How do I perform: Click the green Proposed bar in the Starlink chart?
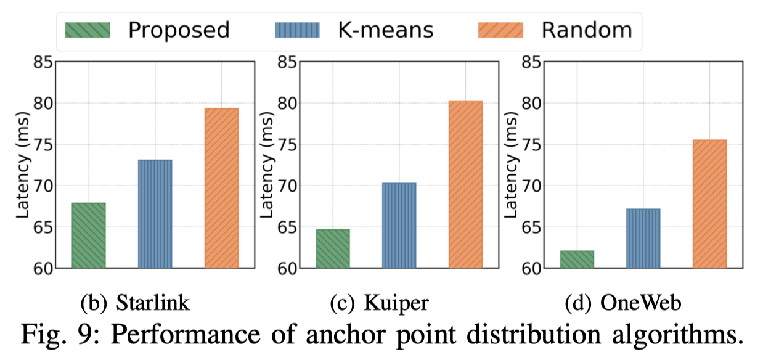click(x=89, y=235)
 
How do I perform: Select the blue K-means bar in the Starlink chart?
click(x=155, y=214)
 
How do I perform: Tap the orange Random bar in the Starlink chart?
click(x=221, y=188)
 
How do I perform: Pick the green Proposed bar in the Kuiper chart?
click(x=333, y=248)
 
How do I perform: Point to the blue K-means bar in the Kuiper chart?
click(x=399, y=226)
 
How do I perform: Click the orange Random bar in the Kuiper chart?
click(x=465, y=184)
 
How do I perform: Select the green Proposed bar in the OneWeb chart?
click(x=577, y=260)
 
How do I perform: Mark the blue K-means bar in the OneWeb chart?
click(x=643, y=239)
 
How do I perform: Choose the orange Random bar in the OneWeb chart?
click(x=710, y=204)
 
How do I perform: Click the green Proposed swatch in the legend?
click(x=88, y=30)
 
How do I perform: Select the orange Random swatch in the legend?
click(x=500, y=30)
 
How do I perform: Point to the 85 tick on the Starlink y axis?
click(x=42, y=62)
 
